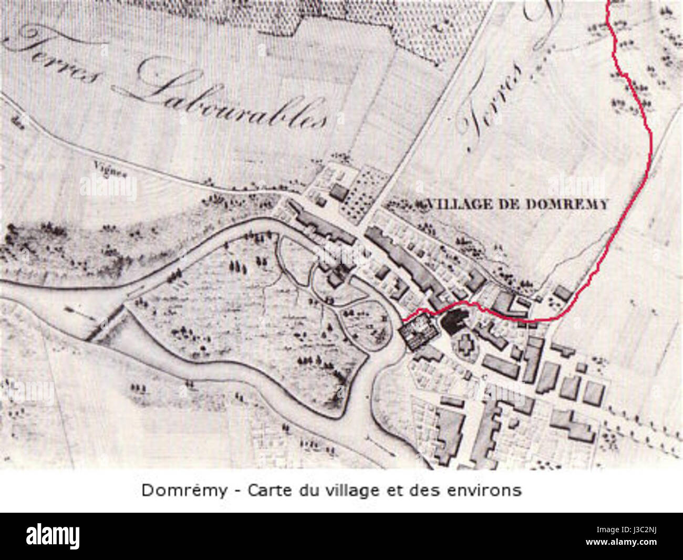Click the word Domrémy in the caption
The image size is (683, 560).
pos(184,490)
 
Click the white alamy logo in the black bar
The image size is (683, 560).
pos(53,536)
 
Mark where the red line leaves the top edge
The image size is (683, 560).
pos(608,2)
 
